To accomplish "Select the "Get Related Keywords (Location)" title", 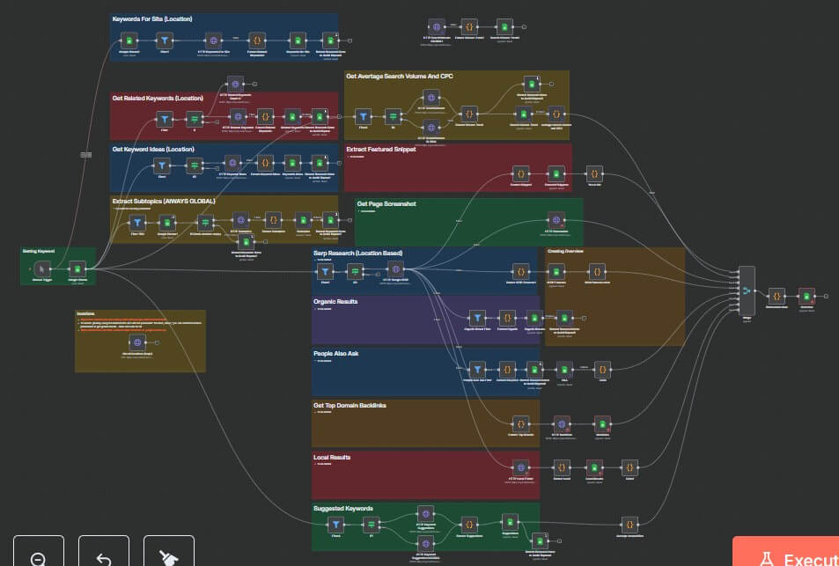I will coord(156,98).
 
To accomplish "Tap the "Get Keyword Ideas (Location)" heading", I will coord(153,150).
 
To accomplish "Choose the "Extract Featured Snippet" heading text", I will coord(380,150).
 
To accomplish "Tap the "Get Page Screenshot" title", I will coord(386,203).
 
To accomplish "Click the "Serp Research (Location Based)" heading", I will coord(357,254).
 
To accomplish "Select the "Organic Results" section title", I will coord(335,302).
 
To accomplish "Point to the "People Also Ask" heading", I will coord(335,353).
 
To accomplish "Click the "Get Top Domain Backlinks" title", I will coord(350,406).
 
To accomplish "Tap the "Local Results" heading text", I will coord(332,457).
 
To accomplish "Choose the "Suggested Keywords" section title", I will coord(343,508).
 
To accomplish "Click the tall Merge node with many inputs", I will coord(747,290).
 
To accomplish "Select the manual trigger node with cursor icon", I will coord(42,268).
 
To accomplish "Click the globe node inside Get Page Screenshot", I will coord(556,221).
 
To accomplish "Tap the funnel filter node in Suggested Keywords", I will coord(335,525).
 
